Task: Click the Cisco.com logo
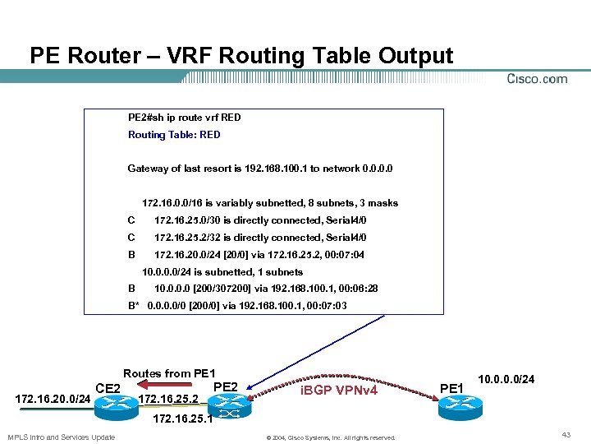[537, 79]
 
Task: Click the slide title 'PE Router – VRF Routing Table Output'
[241, 56]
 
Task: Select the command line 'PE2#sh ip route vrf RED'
[184, 118]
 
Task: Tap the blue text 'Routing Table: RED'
[174, 135]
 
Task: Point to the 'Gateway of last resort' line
[259, 169]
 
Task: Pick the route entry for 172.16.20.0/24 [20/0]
[259, 255]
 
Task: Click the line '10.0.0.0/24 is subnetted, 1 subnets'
[222, 272]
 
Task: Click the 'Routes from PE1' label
[169, 373]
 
